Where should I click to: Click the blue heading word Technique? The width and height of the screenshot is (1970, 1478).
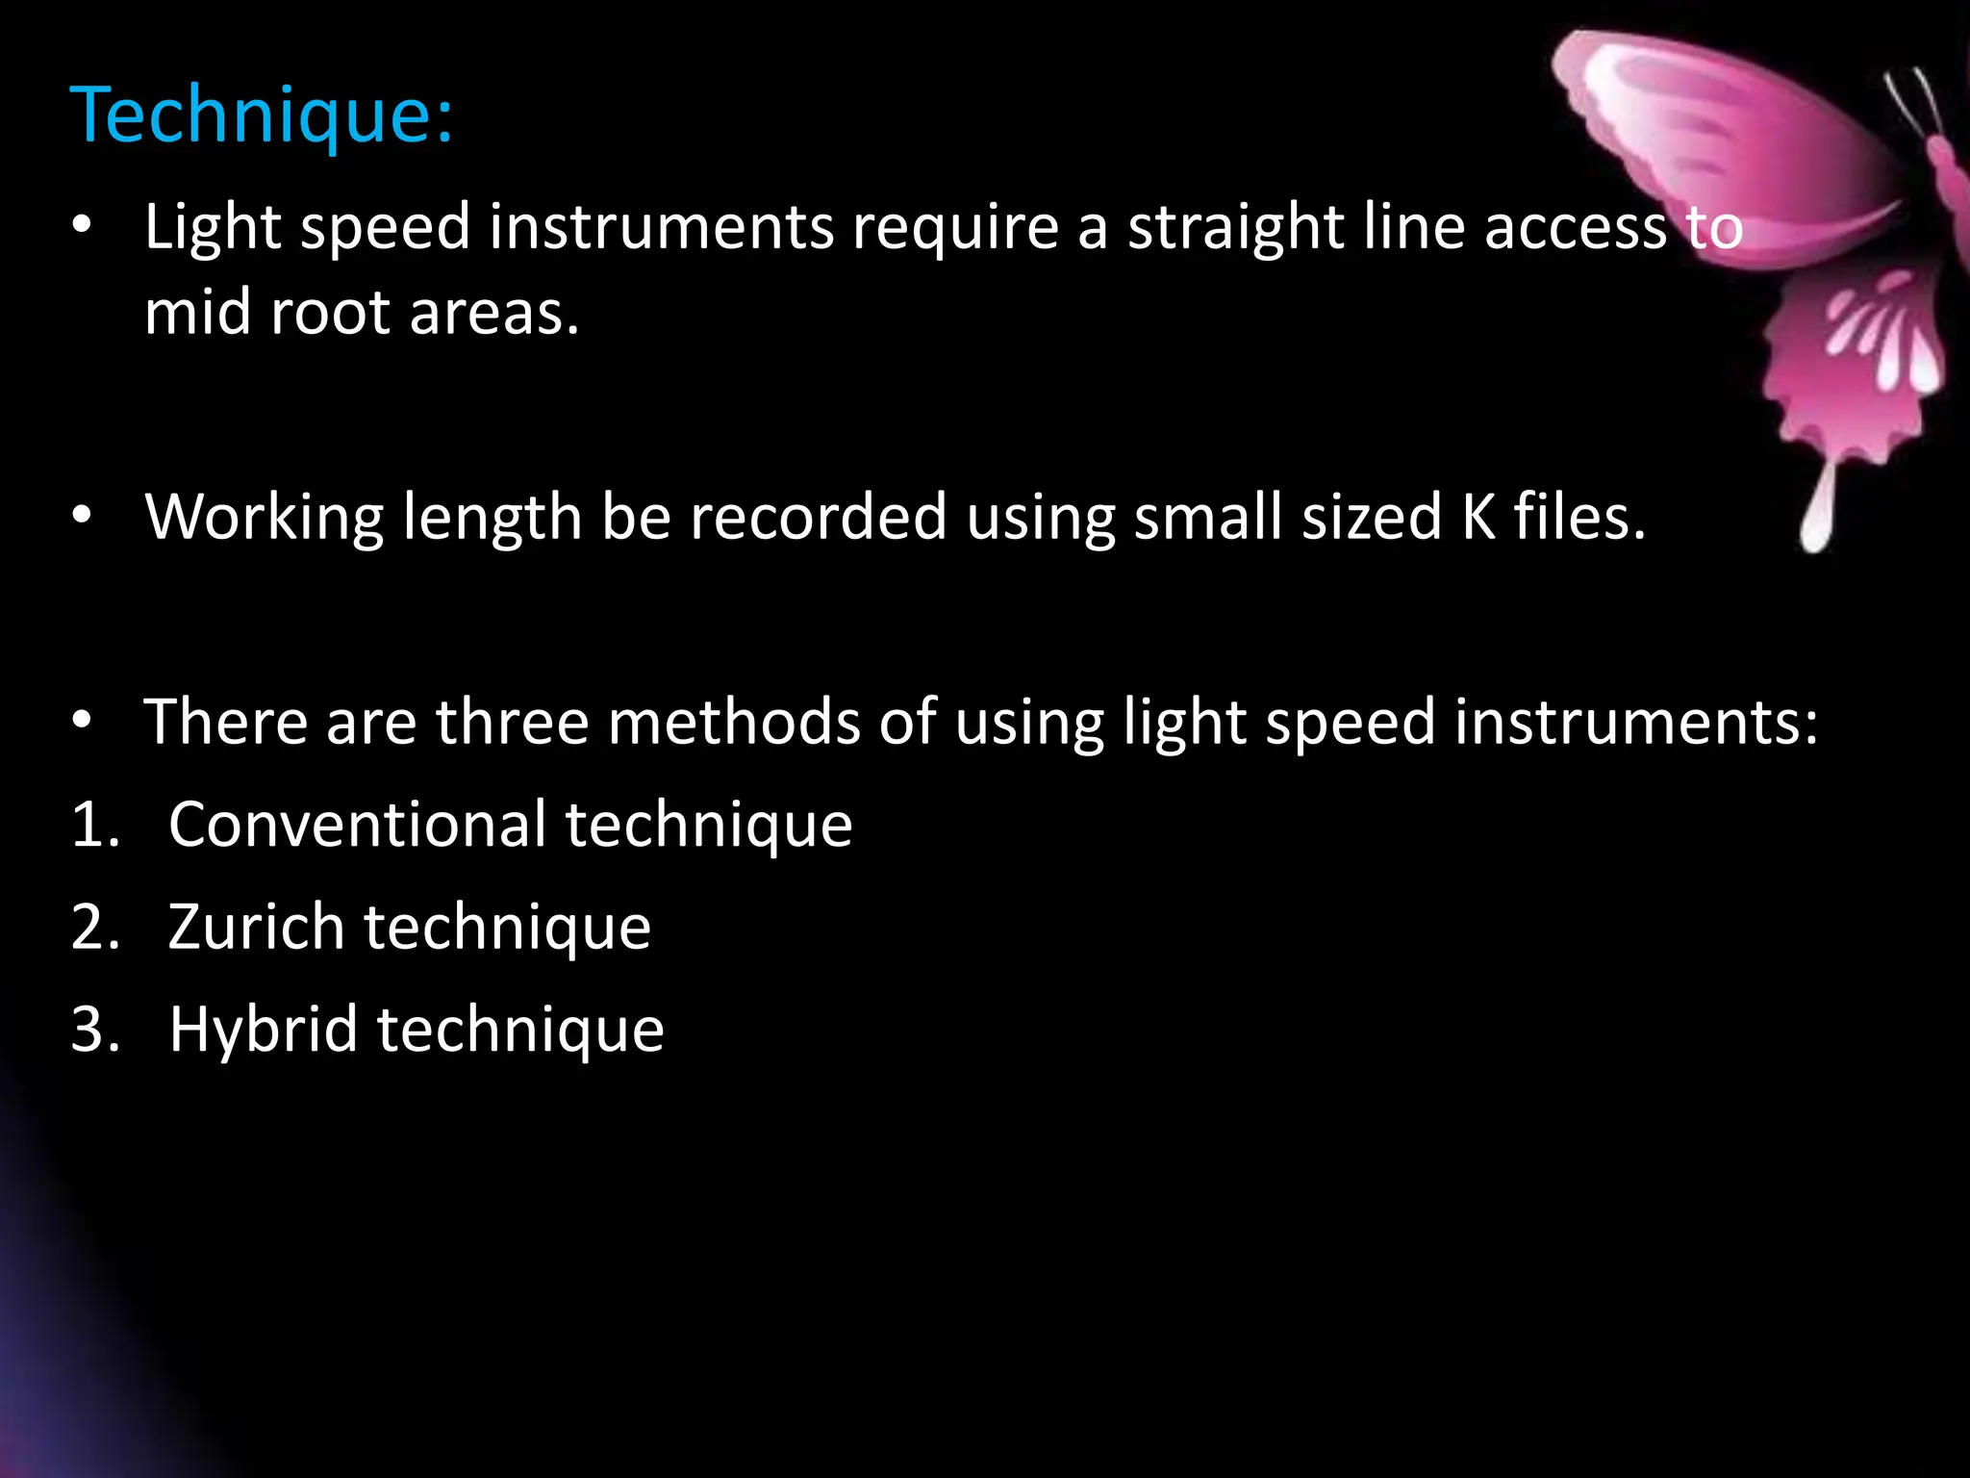[260, 116]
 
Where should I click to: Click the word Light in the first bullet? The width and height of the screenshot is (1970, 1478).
[213, 228]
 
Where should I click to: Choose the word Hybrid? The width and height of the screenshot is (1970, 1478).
[263, 1030]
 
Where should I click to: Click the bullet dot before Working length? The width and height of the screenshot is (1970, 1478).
[82, 517]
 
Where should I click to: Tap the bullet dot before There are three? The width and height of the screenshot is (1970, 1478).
[82, 720]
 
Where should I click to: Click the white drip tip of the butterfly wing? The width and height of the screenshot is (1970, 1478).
[1816, 524]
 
